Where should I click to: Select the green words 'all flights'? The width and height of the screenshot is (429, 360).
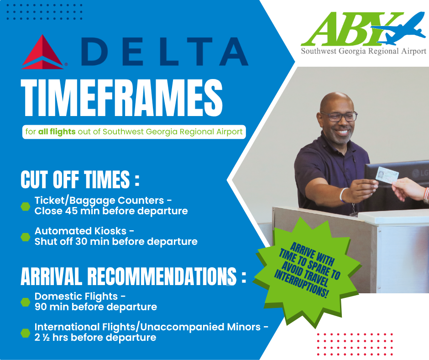point(57,132)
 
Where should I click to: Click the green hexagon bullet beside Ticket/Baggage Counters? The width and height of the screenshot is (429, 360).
point(26,206)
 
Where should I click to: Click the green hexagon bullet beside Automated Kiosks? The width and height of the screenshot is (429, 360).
point(26,236)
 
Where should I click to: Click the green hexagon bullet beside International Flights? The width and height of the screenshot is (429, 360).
point(26,332)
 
